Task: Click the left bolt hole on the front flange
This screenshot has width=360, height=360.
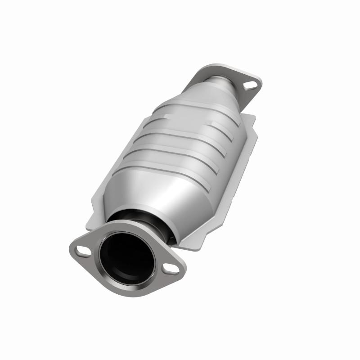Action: pos(82,250)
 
